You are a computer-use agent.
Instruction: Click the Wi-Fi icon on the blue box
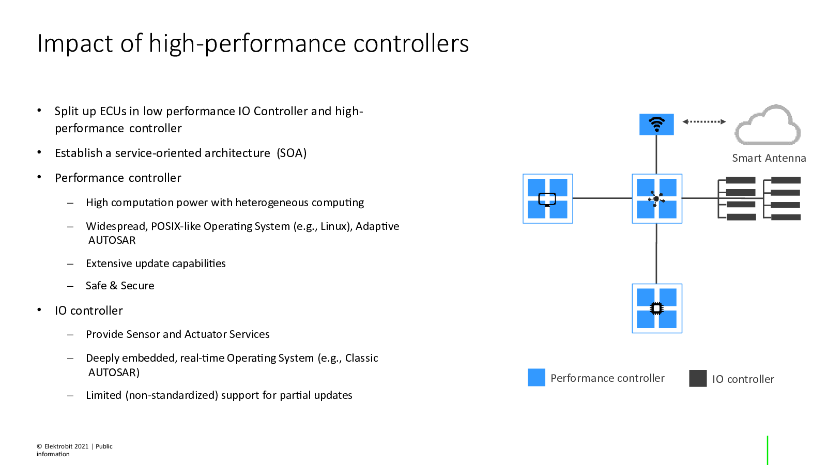tap(656, 124)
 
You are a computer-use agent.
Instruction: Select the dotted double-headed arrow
tap(704, 121)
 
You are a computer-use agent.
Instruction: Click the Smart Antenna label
tap(769, 158)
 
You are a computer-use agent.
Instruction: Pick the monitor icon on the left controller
tap(547, 199)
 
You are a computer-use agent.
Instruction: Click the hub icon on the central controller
tap(656, 199)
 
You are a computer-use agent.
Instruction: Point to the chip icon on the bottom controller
tap(656, 308)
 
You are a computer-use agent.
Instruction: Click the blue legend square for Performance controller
tap(537, 378)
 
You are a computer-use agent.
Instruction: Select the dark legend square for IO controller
tap(698, 378)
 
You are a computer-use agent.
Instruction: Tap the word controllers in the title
tap(411, 43)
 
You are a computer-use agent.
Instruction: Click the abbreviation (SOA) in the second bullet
tap(292, 153)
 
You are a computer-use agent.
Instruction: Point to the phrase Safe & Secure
tap(120, 285)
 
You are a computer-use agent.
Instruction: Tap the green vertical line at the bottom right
tap(768, 450)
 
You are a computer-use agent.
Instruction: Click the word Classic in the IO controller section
tap(361, 358)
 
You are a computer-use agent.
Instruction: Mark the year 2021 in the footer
tap(82, 446)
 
